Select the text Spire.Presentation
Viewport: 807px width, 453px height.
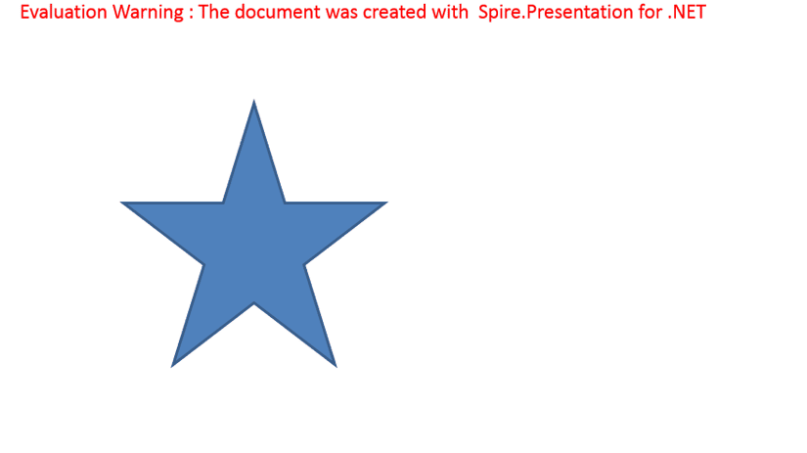point(556,13)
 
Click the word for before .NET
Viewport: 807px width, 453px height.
point(650,12)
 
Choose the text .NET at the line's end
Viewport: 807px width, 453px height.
point(687,12)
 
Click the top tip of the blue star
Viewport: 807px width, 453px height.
point(253,101)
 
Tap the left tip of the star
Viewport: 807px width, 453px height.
point(122,203)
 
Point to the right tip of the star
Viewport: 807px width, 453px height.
point(386,203)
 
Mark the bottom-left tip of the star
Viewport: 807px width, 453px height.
point(172,366)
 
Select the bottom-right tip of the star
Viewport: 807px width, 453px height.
point(336,366)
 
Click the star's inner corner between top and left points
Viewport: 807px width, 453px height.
point(223,203)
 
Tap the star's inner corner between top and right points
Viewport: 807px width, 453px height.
point(285,203)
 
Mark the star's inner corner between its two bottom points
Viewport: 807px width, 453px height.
point(253,303)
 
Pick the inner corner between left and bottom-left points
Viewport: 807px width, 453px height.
point(203,265)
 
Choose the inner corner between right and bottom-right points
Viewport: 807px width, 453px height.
point(304,265)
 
